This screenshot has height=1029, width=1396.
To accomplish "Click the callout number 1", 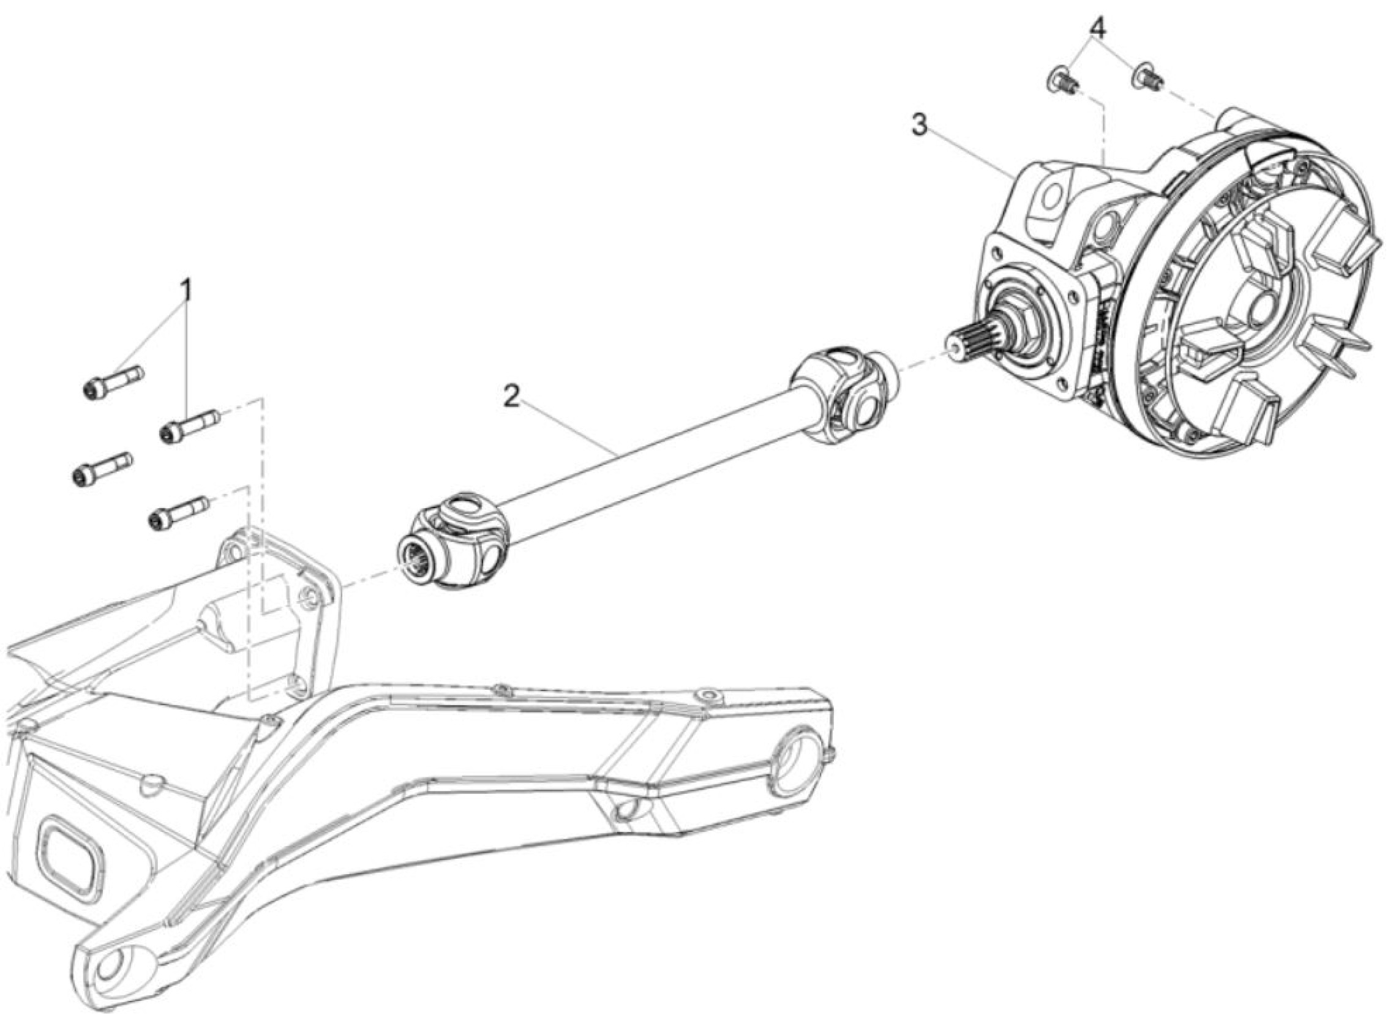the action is tap(186, 291).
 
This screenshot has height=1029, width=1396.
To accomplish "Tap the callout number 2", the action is tap(511, 396).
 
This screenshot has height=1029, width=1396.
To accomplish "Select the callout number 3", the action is tap(920, 125).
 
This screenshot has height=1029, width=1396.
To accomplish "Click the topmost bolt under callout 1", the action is tap(113, 383).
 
